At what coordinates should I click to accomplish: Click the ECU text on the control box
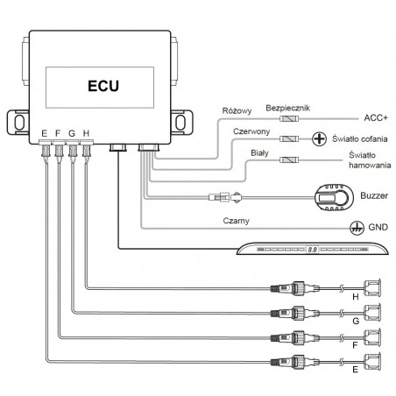(103, 86)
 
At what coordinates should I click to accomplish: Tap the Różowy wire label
(237, 111)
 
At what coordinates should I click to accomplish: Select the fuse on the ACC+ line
(289, 118)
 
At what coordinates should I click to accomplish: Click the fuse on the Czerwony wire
(289, 138)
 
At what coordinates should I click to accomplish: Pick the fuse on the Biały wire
(289, 159)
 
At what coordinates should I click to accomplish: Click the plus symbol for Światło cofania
(320, 139)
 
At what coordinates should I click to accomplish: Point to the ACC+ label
(376, 118)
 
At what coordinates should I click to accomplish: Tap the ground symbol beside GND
(357, 227)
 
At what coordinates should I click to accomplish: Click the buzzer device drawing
(334, 197)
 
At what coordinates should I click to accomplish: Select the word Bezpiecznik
(287, 108)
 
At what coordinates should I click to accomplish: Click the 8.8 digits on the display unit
(312, 250)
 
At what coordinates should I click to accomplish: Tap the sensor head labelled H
(372, 288)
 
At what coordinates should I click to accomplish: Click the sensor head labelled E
(372, 362)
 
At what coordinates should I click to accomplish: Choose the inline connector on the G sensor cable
(294, 314)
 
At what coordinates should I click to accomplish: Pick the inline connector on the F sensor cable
(294, 338)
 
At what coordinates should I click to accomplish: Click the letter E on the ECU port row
(44, 133)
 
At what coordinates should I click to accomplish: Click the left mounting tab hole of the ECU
(19, 123)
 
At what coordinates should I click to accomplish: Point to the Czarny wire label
(236, 221)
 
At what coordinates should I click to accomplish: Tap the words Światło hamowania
(370, 160)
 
